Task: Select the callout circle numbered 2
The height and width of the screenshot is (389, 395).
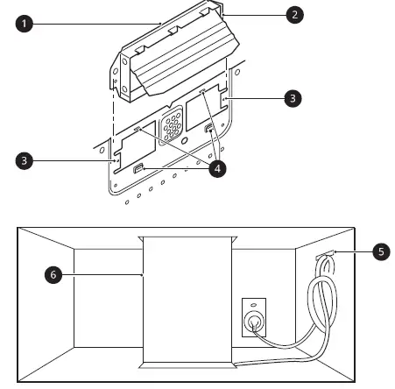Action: click(x=297, y=14)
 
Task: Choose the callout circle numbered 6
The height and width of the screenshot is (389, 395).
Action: click(x=54, y=274)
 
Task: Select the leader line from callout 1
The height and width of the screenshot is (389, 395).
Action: click(x=96, y=21)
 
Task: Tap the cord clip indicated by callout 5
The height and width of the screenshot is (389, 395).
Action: click(x=322, y=257)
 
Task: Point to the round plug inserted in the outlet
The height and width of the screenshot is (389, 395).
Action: click(x=255, y=321)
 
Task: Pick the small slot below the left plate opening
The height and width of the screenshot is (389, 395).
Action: click(x=137, y=170)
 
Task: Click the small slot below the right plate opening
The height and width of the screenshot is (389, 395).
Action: click(x=210, y=131)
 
